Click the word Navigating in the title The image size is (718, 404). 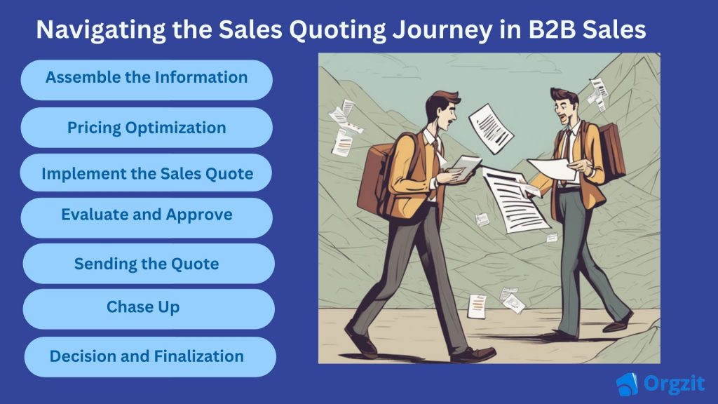tap(101, 29)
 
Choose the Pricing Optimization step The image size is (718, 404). tap(147, 128)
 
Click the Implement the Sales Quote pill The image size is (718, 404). tap(146, 173)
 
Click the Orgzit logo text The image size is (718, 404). tap(674, 384)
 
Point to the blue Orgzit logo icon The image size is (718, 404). tap(627, 384)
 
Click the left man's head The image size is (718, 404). tap(442, 112)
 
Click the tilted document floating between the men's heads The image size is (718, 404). tap(490, 128)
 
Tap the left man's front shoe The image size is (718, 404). tap(474, 355)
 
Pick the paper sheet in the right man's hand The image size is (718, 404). tap(552, 169)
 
